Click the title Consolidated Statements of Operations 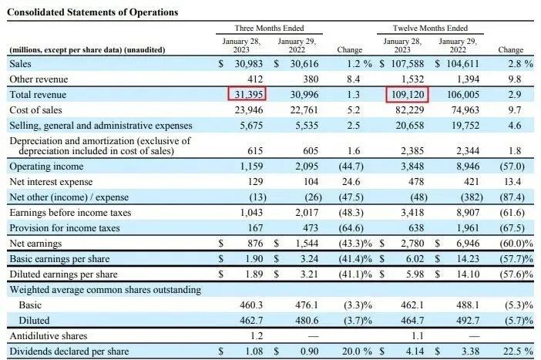(x=93, y=12)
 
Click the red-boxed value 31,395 (x=247, y=94)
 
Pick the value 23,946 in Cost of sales (x=249, y=109)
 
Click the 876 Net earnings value (x=255, y=243)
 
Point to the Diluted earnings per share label (x=63, y=274)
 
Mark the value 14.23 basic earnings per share (x=459, y=258)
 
